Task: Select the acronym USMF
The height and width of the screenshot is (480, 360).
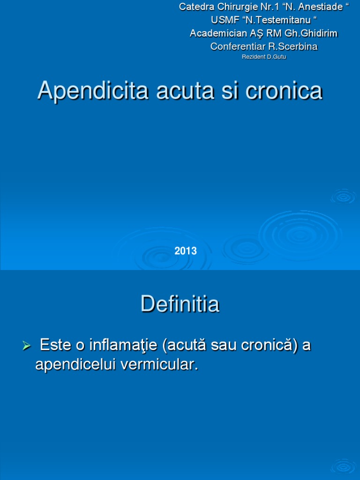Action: (x=220, y=20)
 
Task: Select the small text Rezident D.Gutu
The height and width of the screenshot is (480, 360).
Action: (x=263, y=57)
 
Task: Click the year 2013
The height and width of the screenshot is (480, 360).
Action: (x=186, y=251)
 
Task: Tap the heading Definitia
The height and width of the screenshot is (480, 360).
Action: (x=180, y=305)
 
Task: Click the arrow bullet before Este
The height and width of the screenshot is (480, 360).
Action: (x=27, y=346)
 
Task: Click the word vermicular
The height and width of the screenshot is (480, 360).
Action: (x=159, y=365)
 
